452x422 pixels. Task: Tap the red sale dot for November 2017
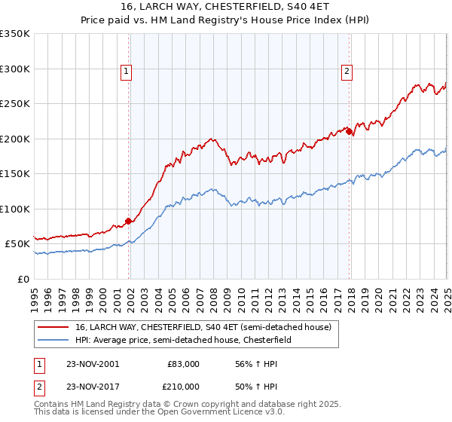[x=350, y=132]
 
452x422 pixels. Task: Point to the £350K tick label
[x=15, y=34]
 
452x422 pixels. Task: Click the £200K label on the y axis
[x=15, y=139]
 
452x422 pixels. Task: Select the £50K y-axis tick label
[x=18, y=244]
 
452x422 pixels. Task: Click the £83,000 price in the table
[x=183, y=364]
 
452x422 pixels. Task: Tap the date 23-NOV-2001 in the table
[x=93, y=364]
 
